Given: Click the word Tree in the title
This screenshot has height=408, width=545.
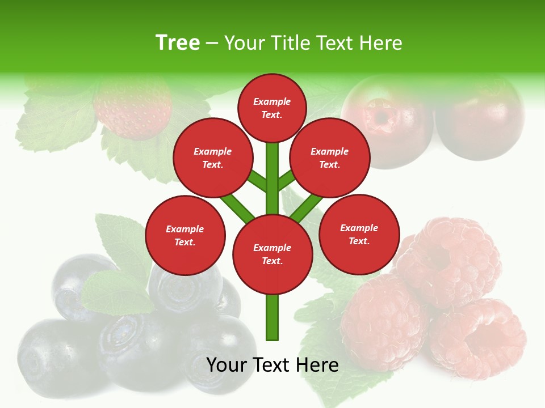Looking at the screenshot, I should click(x=178, y=43).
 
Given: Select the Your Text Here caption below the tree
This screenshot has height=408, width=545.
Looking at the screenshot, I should click(x=272, y=365).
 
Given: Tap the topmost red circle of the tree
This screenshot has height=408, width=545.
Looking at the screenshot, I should click(x=272, y=108).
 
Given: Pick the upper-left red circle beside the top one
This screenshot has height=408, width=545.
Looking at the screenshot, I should click(x=212, y=158).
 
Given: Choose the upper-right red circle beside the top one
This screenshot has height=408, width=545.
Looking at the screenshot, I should click(x=330, y=158).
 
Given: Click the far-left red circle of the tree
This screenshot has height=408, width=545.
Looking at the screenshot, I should click(x=185, y=235).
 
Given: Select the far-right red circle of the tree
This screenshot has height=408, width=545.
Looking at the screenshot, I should click(x=359, y=234).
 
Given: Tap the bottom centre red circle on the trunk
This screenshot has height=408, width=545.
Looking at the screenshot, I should click(x=272, y=254).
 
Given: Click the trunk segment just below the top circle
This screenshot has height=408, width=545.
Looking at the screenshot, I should click(x=272, y=164).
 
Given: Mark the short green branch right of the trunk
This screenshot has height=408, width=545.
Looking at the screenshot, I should click(x=286, y=180).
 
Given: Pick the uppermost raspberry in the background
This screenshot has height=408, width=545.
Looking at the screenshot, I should click(x=448, y=255).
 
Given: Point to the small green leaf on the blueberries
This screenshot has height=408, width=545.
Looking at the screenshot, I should click(x=116, y=292).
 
